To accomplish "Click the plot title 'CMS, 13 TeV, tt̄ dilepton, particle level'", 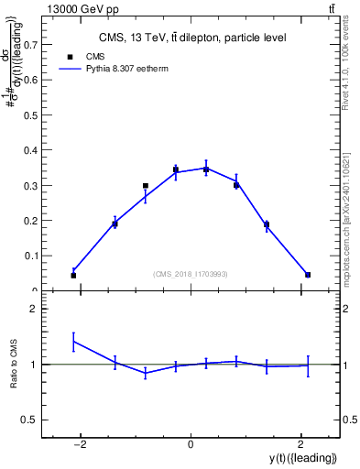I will pos(192,38).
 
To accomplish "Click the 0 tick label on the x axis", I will pos(190,444).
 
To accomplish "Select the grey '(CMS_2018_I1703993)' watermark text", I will pos(191,273).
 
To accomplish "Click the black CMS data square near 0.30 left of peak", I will pos(146,186).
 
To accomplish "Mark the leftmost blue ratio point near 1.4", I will pos(73,342).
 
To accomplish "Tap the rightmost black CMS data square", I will pos(308,275).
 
